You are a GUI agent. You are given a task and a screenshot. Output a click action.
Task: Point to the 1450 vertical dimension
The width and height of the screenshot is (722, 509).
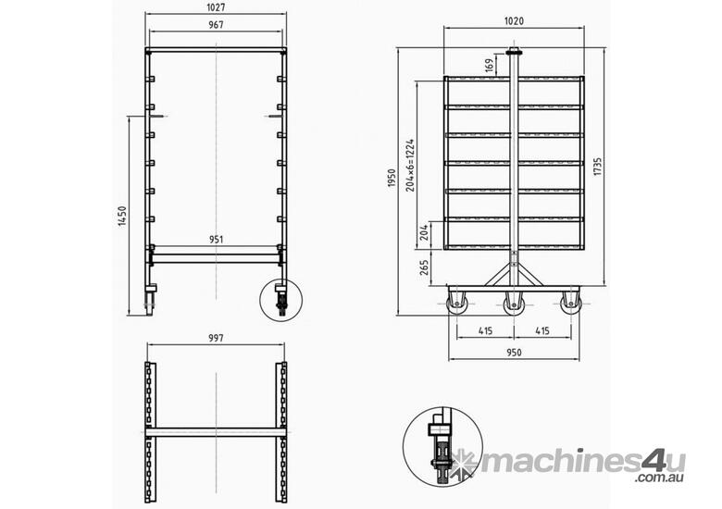122,217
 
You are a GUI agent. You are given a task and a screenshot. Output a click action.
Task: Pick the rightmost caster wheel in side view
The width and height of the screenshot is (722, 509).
569,303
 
